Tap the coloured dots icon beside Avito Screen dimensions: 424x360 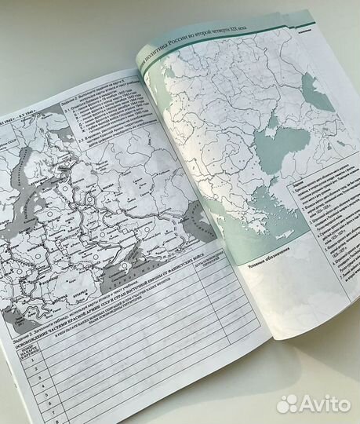pyautogui.click(x=288, y=403)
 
